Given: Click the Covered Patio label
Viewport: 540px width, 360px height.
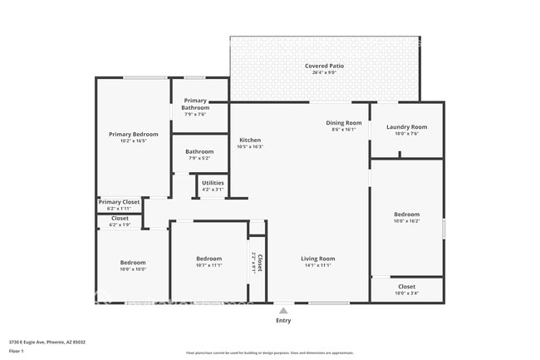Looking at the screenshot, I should tap(324, 65).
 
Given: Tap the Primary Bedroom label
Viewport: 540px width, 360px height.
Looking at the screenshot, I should tap(133, 134).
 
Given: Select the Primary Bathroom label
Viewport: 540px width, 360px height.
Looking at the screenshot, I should tap(196, 104).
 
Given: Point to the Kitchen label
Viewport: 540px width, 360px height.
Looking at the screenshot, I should tap(250, 140).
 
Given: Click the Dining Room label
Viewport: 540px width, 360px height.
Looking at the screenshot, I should tap(343, 122).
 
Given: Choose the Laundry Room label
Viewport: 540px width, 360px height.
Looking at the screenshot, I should tap(406, 126).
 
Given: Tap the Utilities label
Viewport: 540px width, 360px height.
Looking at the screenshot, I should tap(213, 182).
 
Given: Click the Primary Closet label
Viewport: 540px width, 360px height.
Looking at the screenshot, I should tap(119, 202).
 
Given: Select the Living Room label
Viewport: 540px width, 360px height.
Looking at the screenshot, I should tap(317, 259).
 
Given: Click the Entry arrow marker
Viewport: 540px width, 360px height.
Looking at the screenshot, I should tap(283, 309).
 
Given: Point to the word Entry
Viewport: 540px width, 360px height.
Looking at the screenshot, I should tap(283, 320).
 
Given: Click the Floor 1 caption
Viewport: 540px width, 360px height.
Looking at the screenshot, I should tap(16, 351).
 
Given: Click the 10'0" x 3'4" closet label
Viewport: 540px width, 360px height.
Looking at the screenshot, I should tap(406, 293).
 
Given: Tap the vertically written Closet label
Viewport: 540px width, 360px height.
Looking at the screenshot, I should tap(258, 264).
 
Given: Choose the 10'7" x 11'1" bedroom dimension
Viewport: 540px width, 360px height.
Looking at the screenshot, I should tap(209, 265).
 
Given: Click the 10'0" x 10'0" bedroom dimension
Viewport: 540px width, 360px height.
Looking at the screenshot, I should tap(133, 269).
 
